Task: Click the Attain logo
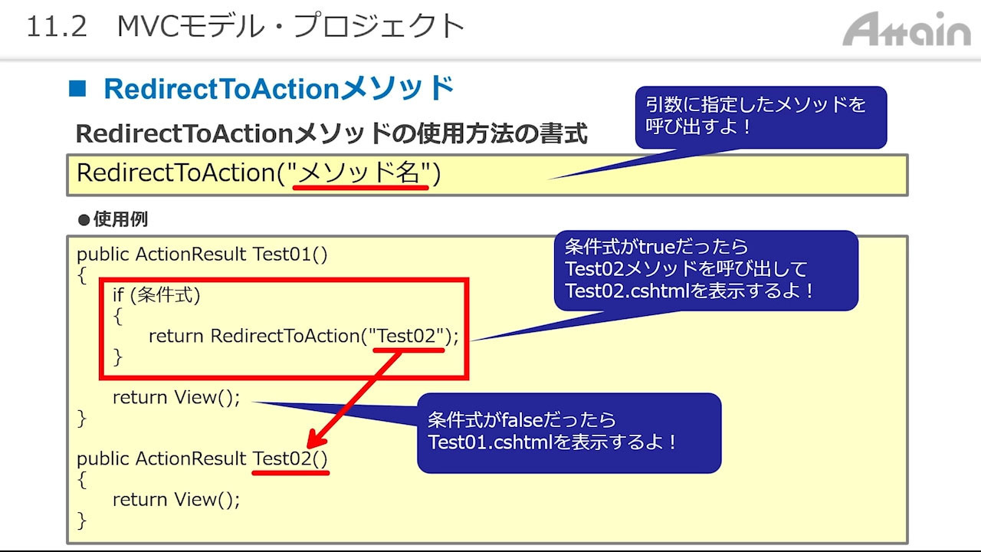[907, 29]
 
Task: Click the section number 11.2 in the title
[57, 26]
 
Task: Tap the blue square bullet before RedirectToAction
[77, 88]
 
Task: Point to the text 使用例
[120, 219]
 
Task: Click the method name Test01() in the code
[290, 254]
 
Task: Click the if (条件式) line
[156, 295]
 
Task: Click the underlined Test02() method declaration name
[290, 458]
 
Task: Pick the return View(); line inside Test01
[176, 397]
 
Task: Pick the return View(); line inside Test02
[176, 499]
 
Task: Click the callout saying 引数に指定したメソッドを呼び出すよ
[761, 117]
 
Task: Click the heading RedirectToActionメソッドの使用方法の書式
[332, 133]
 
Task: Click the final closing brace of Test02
[82, 521]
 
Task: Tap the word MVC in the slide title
[146, 26]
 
